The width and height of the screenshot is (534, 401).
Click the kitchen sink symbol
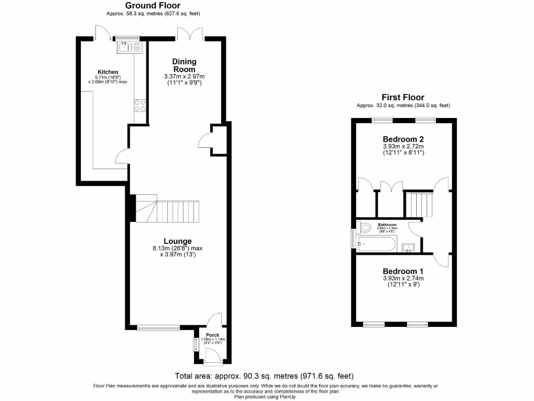pyautogui.click(x=126, y=48)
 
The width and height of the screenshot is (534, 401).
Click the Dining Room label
pyautogui.click(x=184, y=65)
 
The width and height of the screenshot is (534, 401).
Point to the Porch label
pyautogui.click(x=212, y=335)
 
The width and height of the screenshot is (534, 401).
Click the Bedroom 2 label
pyautogui.click(x=403, y=139)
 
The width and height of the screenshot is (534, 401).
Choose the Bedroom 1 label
pyautogui.click(x=403, y=272)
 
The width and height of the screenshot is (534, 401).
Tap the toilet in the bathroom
pyautogui.click(x=366, y=227)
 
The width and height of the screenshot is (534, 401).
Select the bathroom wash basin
pyautogui.click(x=408, y=247)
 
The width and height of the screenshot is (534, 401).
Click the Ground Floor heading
pyautogui.click(x=153, y=5)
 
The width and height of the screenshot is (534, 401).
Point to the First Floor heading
pyautogui.click(x=403, y=97)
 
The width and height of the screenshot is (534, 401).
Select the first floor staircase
pyautogui.click(x=419, y=204)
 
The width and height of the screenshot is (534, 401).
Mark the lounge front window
pyautogui.click(x=159, y=328)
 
